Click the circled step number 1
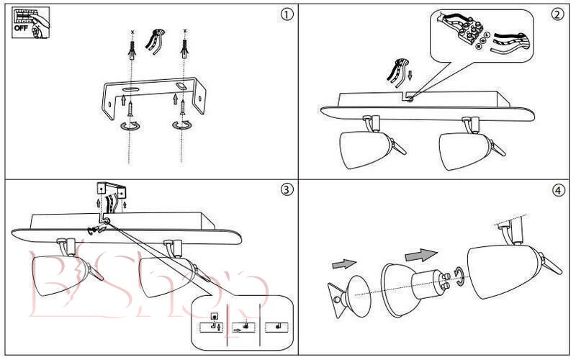[x=287, y=15]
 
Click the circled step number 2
[x=557, y=15]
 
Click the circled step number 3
[x=287, y=190]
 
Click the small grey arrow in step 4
[x=344, y=265]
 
